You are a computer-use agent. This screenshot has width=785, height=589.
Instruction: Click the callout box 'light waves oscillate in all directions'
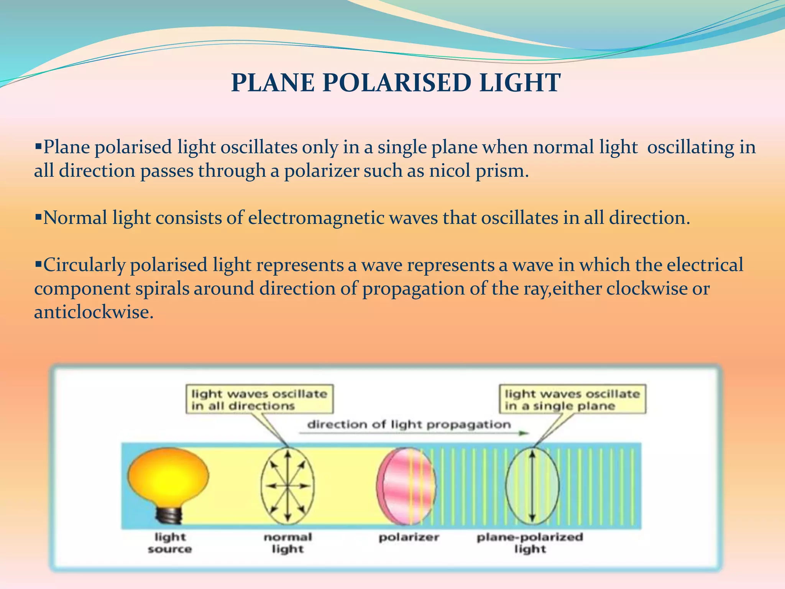259,400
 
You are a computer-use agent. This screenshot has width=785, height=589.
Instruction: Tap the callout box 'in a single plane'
572,400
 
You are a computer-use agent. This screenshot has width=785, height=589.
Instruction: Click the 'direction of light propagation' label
409,424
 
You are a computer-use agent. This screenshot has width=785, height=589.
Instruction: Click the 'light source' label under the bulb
170,543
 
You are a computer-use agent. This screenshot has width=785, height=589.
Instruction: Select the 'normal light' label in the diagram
287,543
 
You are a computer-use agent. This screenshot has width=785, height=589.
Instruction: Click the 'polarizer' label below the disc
409,537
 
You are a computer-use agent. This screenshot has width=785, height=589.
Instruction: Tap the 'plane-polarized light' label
530,543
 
